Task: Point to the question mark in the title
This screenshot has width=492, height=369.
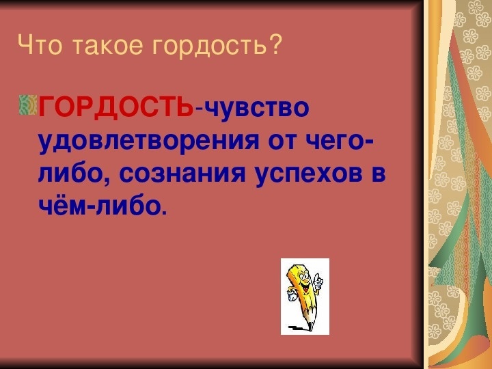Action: point(273,44)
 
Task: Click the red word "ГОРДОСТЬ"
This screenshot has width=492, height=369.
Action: point(115,107)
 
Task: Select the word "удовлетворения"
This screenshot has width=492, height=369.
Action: point(149,141)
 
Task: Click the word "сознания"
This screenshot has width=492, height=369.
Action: point(182,174)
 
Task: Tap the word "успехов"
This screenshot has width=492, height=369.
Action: point(309,174)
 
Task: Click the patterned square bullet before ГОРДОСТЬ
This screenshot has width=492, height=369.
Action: point(28,105)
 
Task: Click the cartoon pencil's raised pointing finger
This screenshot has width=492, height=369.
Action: point(318,277)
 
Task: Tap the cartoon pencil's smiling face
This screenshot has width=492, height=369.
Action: point(303,280)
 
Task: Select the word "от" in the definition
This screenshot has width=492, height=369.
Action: point(282,142)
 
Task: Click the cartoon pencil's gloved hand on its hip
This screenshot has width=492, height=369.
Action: point(292,295)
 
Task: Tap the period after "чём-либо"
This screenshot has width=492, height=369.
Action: point(165,213)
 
